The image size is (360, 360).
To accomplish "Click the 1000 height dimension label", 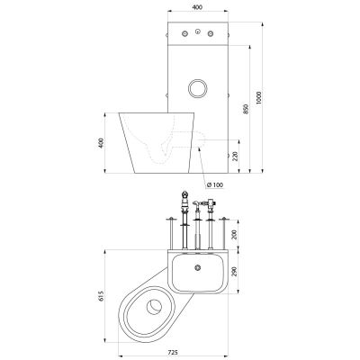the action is pos(259,97).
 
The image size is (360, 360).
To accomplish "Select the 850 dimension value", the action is pos(247,109).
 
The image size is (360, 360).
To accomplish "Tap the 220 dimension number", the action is pos(236,156).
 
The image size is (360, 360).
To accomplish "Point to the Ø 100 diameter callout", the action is pos(215,185).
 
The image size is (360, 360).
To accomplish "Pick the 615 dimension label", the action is pos(101,296).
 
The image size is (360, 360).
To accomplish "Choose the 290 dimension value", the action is pos(235,271).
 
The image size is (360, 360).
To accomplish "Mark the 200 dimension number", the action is pos(235,234).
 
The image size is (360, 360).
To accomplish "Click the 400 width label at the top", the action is pos(198,7).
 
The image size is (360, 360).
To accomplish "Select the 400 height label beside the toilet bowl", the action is pos(101,143).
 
